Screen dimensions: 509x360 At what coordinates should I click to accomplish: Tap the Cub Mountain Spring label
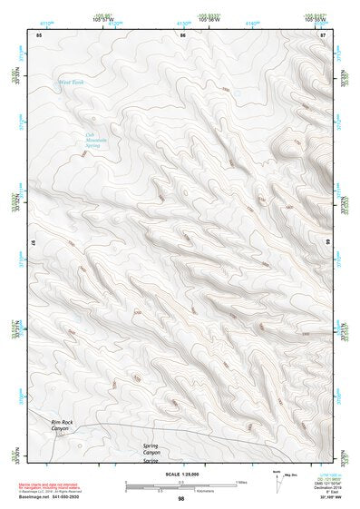click(x=97, y=141)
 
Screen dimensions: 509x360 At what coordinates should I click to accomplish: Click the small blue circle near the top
click(x=237, y=93)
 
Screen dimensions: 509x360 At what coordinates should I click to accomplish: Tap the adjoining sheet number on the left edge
click(x=34, y=245)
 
